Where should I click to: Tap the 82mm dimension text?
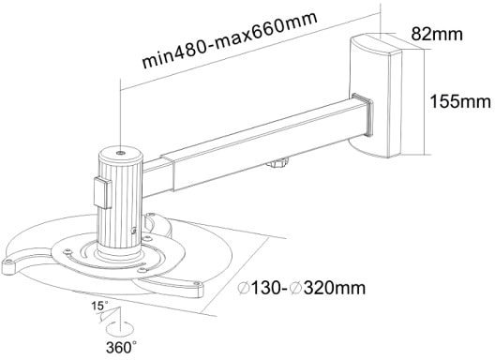point(437,34)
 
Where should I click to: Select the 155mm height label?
point(460,101)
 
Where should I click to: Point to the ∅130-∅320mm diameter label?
point(302,288)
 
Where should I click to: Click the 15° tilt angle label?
point(99,306)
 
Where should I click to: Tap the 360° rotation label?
point(122,348)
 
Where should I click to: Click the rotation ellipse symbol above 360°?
point(120,330)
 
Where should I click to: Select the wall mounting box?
point(375,97)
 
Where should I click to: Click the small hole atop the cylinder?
point(120,154)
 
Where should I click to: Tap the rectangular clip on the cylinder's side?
point(102,193)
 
